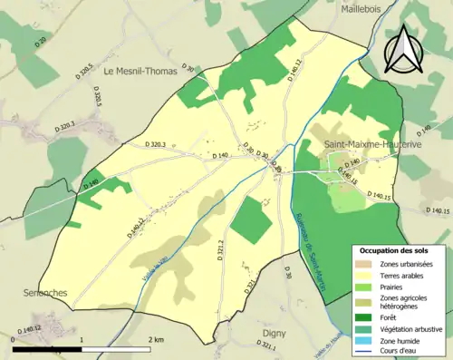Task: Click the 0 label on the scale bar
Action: click(14, 339)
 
